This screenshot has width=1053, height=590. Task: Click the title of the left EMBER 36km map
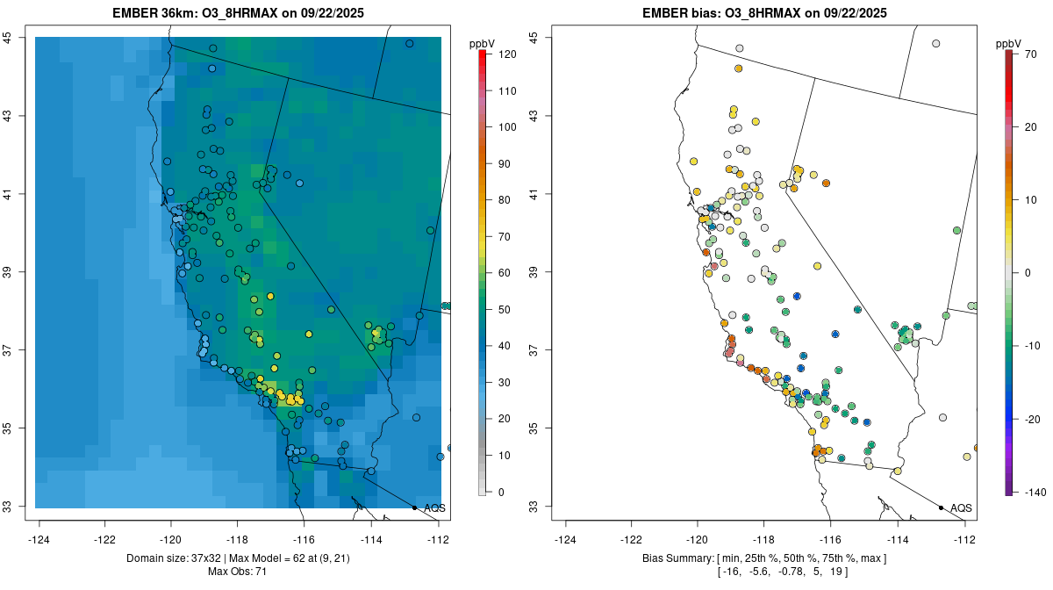click(x=239, y=13)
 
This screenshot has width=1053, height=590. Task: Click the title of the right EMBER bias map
click(x=765, y=13)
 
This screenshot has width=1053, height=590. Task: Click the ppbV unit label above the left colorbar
click(x=482, y=43)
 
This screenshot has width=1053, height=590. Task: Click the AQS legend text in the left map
click(x=434, y=508)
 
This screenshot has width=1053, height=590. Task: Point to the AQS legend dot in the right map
click(x=941, y=507)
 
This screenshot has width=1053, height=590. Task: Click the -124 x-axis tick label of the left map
click(x=39, y=539)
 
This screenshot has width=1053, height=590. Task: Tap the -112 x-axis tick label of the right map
click(x=964, y=539)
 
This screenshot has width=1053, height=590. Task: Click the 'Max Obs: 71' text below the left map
click(x=237, y=572)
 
